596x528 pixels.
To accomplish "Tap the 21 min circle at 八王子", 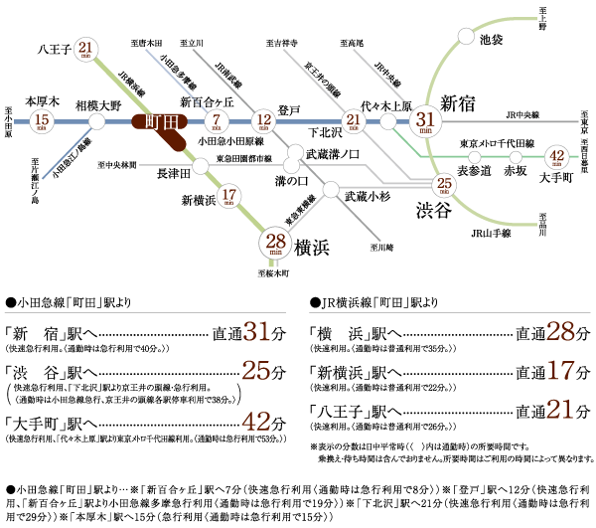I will (x=87, y=49).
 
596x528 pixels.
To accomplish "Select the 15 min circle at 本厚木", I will (x=41, y=122).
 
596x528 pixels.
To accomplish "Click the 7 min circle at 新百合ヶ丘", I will (x=218, y=122).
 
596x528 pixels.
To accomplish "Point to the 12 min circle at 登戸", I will (x=263, y=122).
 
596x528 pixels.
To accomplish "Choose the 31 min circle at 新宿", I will (x=425, y=121).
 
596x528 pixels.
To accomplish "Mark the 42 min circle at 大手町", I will (x=557, y=157).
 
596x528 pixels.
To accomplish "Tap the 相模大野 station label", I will (x=97, y=103).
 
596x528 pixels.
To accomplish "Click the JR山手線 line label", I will (x=491, y=233).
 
